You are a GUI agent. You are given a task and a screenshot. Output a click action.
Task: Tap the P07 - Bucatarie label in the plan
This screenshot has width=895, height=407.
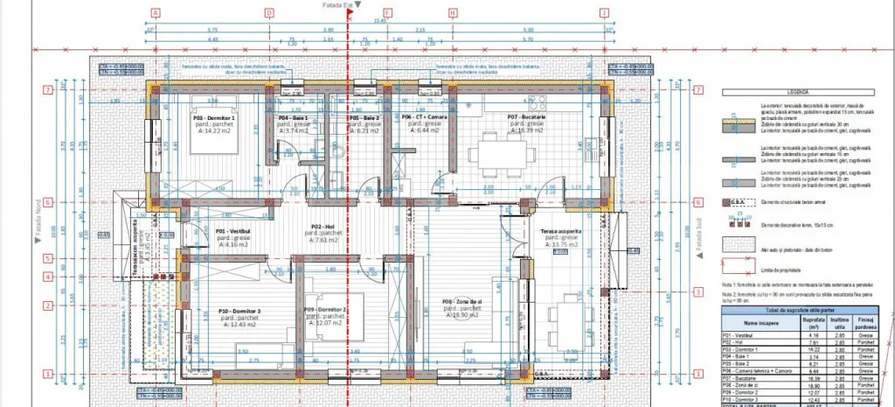pyautogui.click(x=526, y=117)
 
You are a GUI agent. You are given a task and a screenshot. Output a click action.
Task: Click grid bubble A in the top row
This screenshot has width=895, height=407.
pyautogui.click(x=155, y=12)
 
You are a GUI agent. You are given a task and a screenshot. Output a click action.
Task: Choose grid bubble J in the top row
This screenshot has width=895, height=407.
pyautogui.click(x=604, y=12)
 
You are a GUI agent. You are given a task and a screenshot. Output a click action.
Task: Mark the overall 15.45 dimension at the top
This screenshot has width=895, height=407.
pyautogui.click(x=379, y=19)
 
